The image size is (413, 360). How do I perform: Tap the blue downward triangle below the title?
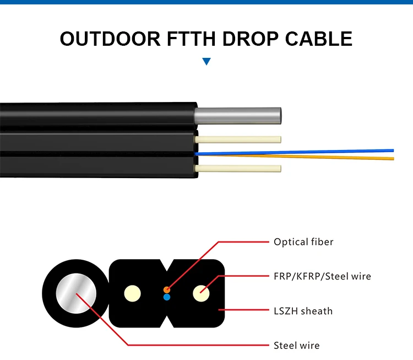[206, 61]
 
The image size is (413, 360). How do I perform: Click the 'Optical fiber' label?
[303, 242]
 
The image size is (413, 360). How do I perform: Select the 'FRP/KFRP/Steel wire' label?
[322, 276]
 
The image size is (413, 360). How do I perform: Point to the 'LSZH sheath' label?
[303, 311]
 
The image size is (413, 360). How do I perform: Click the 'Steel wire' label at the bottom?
[296, 346]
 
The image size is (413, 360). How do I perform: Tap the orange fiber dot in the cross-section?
[167, 289]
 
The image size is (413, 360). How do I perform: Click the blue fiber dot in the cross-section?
[167, 297]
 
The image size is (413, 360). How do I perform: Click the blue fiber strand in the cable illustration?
[330, 151]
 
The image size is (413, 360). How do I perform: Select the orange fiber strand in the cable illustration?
[330, 157]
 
